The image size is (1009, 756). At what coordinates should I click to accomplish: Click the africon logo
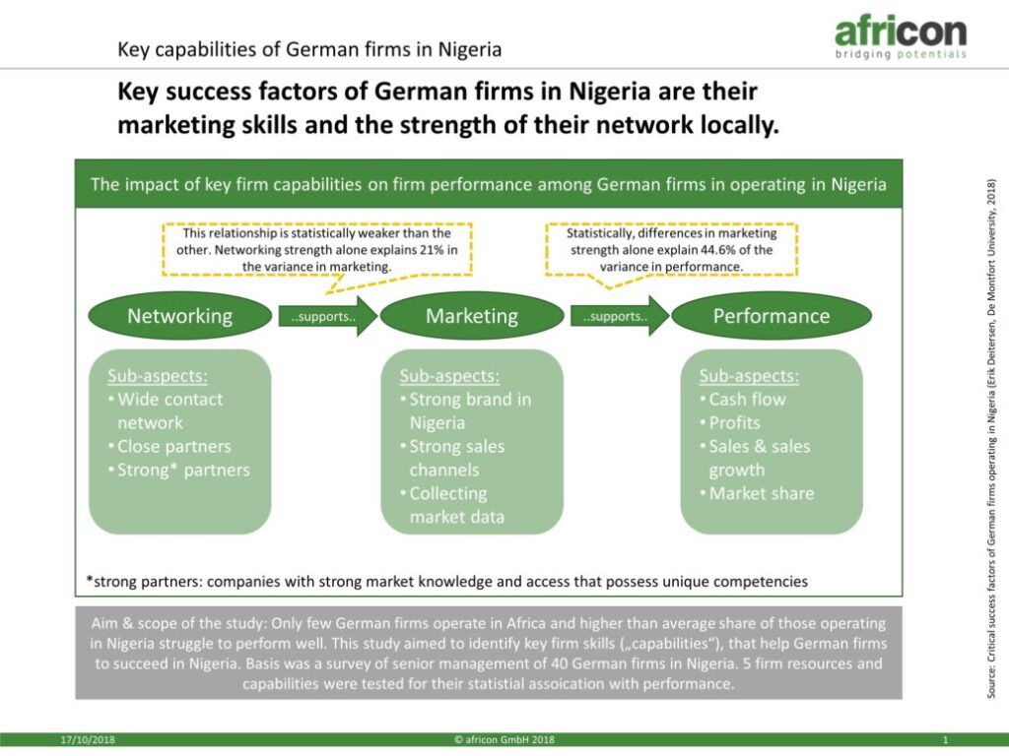[901, 38]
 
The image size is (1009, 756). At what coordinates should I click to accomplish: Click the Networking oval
[180, 316]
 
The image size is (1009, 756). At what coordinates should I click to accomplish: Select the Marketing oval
[472, 316]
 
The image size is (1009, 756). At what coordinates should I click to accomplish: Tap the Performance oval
[772, 316]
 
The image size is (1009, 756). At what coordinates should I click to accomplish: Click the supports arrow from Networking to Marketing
[327, 316]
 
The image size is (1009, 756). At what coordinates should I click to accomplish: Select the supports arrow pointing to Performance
[620, 316]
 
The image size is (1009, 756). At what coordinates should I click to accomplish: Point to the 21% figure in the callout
[432, 249]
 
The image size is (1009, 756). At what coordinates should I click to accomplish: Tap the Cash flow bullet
[743, 400]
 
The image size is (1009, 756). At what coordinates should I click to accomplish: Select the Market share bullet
[757, 493]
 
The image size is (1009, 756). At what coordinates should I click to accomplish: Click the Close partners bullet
[169, 446]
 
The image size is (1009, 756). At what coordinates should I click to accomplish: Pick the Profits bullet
[730, 422]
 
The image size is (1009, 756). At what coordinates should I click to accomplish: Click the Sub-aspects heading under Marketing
[449, 376]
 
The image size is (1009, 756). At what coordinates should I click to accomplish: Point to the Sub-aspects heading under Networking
[158, 376]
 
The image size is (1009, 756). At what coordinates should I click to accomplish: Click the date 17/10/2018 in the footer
[88, 740]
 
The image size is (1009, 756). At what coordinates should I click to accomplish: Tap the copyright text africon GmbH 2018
[504, 740]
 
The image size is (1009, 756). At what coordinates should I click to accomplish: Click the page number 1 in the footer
[945, 740]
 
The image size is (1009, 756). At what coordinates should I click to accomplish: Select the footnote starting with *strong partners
[446, 582]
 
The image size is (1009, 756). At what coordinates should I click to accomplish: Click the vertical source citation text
[991, 438]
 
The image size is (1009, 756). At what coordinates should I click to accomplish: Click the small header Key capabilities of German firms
[308, 49]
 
